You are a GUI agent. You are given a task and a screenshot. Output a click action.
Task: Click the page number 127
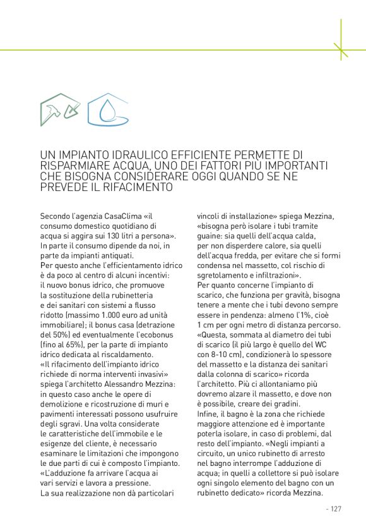pyautogui.click(x=334, y=509)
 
